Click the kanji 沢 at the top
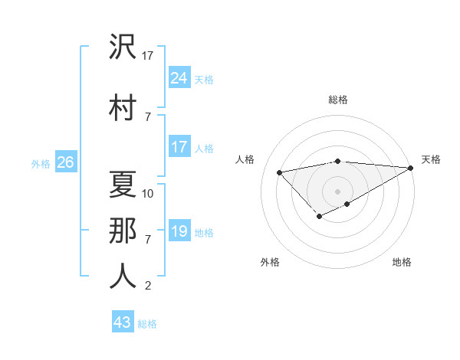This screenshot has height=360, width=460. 123,48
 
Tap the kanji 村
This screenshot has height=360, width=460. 123,106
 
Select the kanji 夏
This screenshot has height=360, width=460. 123,183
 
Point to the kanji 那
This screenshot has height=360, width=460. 123,229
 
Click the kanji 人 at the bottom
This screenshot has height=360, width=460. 123,275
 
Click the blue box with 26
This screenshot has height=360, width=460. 65,162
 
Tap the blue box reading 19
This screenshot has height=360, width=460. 179,231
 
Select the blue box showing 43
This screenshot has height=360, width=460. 123,322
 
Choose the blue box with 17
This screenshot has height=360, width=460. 179,146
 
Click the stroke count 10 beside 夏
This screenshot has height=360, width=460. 148,194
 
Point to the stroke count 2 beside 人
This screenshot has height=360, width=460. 148,286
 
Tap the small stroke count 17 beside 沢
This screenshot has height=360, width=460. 149,55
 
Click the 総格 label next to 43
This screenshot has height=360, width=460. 147,324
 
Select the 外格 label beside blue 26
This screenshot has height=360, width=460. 41,163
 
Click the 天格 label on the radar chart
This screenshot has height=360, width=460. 431,159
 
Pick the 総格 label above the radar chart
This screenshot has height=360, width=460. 337,100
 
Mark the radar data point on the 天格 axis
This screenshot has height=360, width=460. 412,168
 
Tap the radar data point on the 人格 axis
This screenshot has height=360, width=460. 279,172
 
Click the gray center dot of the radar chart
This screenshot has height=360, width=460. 337,191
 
